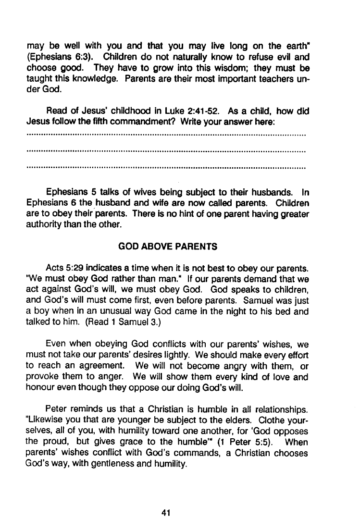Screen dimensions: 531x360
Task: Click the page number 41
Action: [x=167, y=513]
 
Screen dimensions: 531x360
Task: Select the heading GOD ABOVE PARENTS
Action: [x=167, y=247]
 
